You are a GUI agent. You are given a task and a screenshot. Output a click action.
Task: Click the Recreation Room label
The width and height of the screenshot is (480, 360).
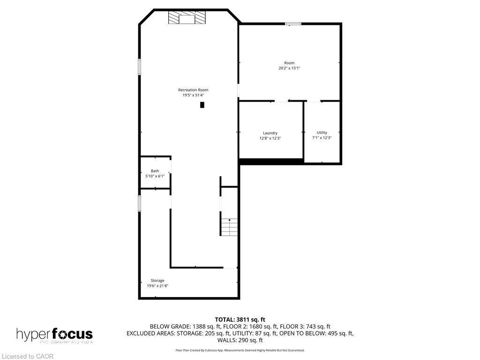(x=193, y=90)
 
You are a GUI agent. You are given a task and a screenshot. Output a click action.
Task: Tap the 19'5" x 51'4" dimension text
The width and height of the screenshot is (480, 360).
(x=193, y=95)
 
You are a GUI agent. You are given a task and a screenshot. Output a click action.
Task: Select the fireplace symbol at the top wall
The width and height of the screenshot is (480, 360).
(x=187, y=18)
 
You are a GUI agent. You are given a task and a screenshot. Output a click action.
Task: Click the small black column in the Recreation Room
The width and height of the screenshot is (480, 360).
(x=202, y=105)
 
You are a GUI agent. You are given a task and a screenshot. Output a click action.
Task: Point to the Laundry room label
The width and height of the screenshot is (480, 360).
(x=270, y=133)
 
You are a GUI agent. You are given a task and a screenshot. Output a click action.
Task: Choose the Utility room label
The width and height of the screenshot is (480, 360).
(x=322, y=133)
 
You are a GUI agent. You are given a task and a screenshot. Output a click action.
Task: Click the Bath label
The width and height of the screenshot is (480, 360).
(x=155, y=171)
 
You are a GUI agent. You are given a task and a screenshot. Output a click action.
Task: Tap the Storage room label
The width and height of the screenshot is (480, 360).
(x=157, y=281)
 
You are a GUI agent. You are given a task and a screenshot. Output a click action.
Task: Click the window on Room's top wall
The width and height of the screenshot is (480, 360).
(x=293, y=23)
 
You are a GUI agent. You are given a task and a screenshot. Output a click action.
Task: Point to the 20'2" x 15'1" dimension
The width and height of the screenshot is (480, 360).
(x=289, y=68)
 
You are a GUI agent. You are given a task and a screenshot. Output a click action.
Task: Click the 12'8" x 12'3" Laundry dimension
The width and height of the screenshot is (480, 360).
(x=270, y=138)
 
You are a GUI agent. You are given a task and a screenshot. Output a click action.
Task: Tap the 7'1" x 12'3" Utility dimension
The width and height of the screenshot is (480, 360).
(x=322, y=138)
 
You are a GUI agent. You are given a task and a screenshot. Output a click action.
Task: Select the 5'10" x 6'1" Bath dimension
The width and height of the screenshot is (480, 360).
(x=155, y=176)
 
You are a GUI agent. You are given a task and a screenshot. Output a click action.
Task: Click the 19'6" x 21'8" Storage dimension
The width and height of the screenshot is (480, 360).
(x=157, y=285)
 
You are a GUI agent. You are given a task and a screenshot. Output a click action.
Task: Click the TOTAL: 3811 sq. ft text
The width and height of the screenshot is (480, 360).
(x=240, y=320)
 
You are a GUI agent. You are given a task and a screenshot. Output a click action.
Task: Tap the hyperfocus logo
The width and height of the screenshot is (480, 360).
(x=54, y=335)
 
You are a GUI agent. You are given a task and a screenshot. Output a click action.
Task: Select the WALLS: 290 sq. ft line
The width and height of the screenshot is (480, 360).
(x=240, y=340)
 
